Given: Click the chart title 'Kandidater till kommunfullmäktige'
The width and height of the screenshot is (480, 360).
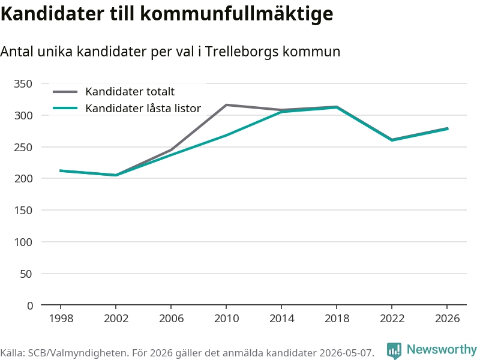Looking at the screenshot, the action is (167, 13).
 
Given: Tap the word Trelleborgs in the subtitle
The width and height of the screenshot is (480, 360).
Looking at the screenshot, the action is (242, 52).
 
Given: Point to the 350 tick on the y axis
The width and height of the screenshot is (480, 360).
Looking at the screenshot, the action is (23, 83).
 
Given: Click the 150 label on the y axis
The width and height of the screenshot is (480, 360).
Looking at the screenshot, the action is (23, 211).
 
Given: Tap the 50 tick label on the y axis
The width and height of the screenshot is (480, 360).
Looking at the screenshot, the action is (26, 274).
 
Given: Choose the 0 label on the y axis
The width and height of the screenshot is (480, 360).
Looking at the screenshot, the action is (29, 305).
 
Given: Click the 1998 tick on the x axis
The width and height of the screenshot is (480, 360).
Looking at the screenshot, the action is (61, 319).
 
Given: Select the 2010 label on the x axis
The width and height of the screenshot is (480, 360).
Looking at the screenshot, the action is (227, 319).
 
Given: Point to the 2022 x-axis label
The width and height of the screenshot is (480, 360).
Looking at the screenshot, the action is (392, 319).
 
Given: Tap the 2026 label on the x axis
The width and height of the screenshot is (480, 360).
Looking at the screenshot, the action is (447, 319).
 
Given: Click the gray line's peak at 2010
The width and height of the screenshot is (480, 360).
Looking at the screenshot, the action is (226, 105).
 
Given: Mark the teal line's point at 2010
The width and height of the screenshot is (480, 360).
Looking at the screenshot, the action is (226, 135).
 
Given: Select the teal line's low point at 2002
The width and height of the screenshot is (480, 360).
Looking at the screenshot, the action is (116, 175).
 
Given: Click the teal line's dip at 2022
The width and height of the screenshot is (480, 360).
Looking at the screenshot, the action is (392, 140).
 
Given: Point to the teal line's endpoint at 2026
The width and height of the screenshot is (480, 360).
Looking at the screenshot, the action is (448, 128).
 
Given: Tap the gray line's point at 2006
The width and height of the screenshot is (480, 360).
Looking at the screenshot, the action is (171, 150).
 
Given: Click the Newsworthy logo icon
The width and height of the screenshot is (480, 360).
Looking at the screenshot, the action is (394, 350).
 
